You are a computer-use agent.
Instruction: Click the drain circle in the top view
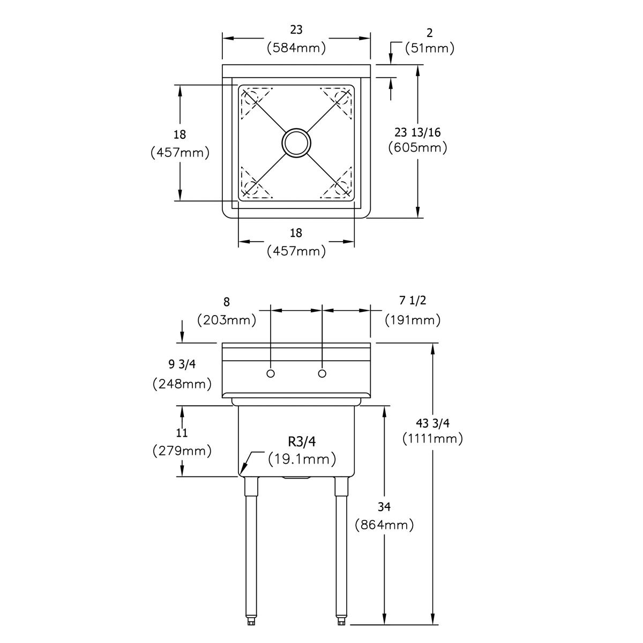(296, 129)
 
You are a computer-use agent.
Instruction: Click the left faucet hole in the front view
(271, 373)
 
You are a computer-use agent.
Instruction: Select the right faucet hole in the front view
(322, 373)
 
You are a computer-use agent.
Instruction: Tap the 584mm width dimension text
(296, 48)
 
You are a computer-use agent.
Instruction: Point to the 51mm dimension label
(430, 48)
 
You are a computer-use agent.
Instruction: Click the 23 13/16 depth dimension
(417, 132)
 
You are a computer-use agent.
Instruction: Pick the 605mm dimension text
(417, 147)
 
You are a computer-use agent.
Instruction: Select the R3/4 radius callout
(302, 442)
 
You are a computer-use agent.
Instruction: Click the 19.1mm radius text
(302, 459)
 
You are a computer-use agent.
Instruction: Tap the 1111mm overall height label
(433, 439)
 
